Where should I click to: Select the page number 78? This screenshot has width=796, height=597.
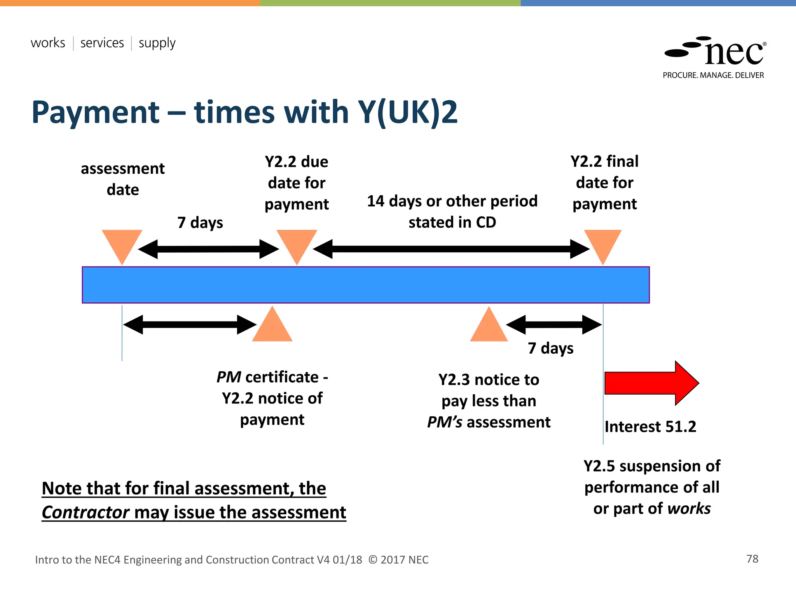(752, 559)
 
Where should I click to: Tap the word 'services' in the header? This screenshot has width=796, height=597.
(102, 43)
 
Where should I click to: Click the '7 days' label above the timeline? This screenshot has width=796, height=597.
(200, 223)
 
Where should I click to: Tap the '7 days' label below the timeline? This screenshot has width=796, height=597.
(550, 348)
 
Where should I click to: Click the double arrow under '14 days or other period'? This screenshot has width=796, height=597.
(451, 249)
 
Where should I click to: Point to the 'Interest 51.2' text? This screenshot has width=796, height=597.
(650, 427)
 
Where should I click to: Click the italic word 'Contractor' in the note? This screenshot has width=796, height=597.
(86, 512)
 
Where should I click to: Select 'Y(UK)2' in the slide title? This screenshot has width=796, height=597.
(408, 112)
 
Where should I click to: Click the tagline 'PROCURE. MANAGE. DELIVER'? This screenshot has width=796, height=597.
(713, 75)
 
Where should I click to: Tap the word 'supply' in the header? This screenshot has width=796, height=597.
(157, 43)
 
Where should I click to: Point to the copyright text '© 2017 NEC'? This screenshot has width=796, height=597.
(398, 560)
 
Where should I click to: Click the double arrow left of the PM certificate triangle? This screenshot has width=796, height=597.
(190, 325)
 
